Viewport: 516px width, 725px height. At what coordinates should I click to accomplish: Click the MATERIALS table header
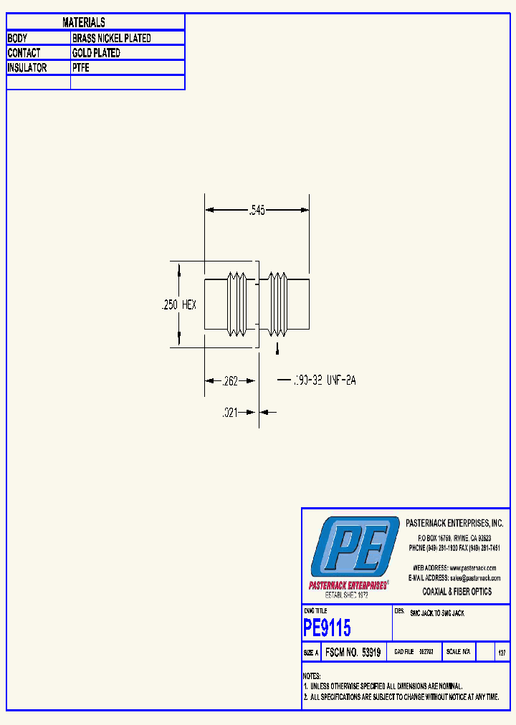(84, 23)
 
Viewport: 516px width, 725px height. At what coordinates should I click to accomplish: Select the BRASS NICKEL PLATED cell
(112, 38)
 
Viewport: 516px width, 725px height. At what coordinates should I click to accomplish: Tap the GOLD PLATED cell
(96, 53)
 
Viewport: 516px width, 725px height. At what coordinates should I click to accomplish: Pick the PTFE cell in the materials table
(81, 68)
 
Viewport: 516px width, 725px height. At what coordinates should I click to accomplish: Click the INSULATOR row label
(27, 68)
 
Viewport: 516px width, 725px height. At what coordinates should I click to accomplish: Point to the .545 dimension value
(257, 210)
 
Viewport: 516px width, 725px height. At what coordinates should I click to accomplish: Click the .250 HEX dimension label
(178, 304)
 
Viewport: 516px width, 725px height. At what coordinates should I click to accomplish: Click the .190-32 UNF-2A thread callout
(324, 380)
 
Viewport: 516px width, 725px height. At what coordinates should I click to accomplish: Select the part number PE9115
(328, 628)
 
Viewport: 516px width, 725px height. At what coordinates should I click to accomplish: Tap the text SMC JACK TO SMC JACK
(436, 614)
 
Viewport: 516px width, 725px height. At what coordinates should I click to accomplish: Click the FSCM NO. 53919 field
(352, 653)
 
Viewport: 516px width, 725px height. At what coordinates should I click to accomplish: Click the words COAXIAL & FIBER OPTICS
(457, 592)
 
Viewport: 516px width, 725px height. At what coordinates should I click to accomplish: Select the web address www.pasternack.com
(473, 567)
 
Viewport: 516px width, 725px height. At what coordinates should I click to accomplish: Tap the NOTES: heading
(312, 676)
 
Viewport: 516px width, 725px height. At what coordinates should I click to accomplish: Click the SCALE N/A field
(458, 653)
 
